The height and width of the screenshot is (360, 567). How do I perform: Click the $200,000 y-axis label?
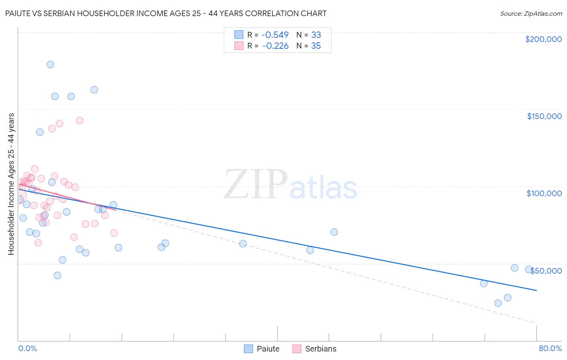pyautogui.click(x=543, y=39)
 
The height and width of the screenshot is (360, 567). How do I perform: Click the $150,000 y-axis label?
pyautogui.click(x=544, y=116)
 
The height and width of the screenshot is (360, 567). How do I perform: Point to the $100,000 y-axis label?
pyautogui.click(x=544, y=193)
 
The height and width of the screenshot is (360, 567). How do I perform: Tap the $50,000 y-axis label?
pyautogui.click(x=546, y=271)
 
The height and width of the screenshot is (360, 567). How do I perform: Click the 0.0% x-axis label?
pyautogui.click(x=27, y=349)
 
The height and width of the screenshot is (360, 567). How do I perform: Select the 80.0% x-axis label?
pyautogui.click(x=550, y=349)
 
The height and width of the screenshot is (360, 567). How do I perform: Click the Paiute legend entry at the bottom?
pyautogui.click(x=262, y=349)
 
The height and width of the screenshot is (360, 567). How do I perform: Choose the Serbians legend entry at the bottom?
pyautogui.click(x=314, y=349)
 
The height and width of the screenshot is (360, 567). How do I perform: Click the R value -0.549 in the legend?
pyautogui.click(x=275, y=35)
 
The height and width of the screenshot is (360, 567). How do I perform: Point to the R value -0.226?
pyautogui.click(x=275, y=46)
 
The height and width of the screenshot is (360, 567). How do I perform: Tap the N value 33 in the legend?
pyautogui.click(x=316, y=35)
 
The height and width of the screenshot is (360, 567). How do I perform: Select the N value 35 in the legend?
pyautogui.click(x=316, y=46)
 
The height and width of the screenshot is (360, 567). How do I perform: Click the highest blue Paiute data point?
pyautogui.click(x=50, y=65)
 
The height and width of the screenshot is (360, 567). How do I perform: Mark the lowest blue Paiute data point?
pyautogui.click(x=498, y=303)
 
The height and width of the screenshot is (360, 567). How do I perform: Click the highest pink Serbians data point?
pyautogui.click(x=79, y=121)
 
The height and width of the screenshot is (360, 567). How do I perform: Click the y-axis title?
pyautogui.click(x=11, y=184)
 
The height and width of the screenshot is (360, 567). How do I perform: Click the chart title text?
pyautogui.click(x=166, y=13)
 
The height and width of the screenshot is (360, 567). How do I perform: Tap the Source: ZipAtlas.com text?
pyautogui.click(x=531, y=14)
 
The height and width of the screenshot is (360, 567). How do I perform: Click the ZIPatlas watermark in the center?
pyautogui.click(x=290, y=185)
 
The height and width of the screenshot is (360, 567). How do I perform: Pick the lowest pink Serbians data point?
pyautogui.click(x=38, y=243)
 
